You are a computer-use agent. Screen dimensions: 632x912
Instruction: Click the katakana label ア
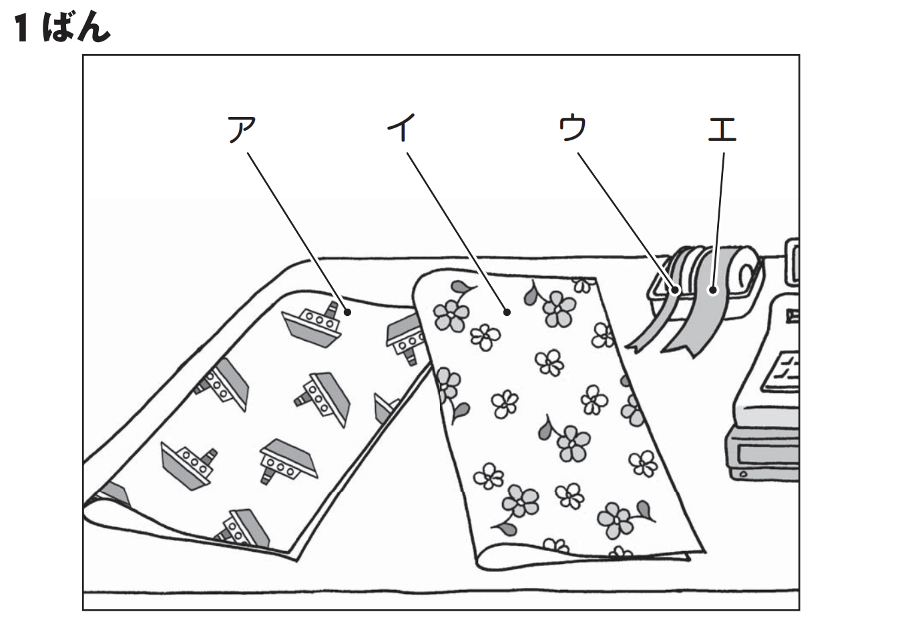coord(242,129)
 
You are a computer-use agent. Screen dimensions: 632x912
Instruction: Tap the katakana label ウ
coord(572,128)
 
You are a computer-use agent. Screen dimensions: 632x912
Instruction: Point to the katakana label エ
coord(722,129)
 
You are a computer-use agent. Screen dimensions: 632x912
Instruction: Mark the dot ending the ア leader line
coord(347,312)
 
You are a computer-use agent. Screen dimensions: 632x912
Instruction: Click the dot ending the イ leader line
coord(507,311)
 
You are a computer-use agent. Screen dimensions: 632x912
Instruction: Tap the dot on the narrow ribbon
coord(676,290)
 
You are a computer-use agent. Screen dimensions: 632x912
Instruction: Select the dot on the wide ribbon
coord(713,290)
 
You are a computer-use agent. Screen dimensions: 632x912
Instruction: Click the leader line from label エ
coord(718,220)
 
